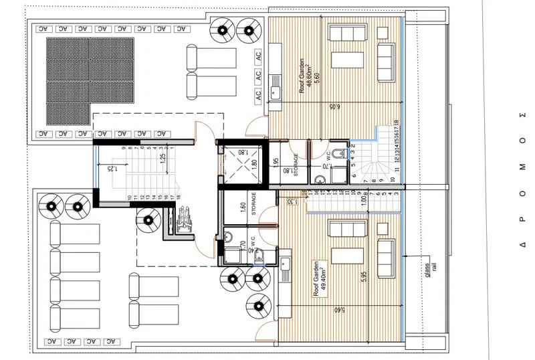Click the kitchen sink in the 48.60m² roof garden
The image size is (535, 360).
275,92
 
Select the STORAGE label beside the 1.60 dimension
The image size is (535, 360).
254,206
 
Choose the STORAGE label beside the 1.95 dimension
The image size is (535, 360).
294,166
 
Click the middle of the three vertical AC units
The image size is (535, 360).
259,76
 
